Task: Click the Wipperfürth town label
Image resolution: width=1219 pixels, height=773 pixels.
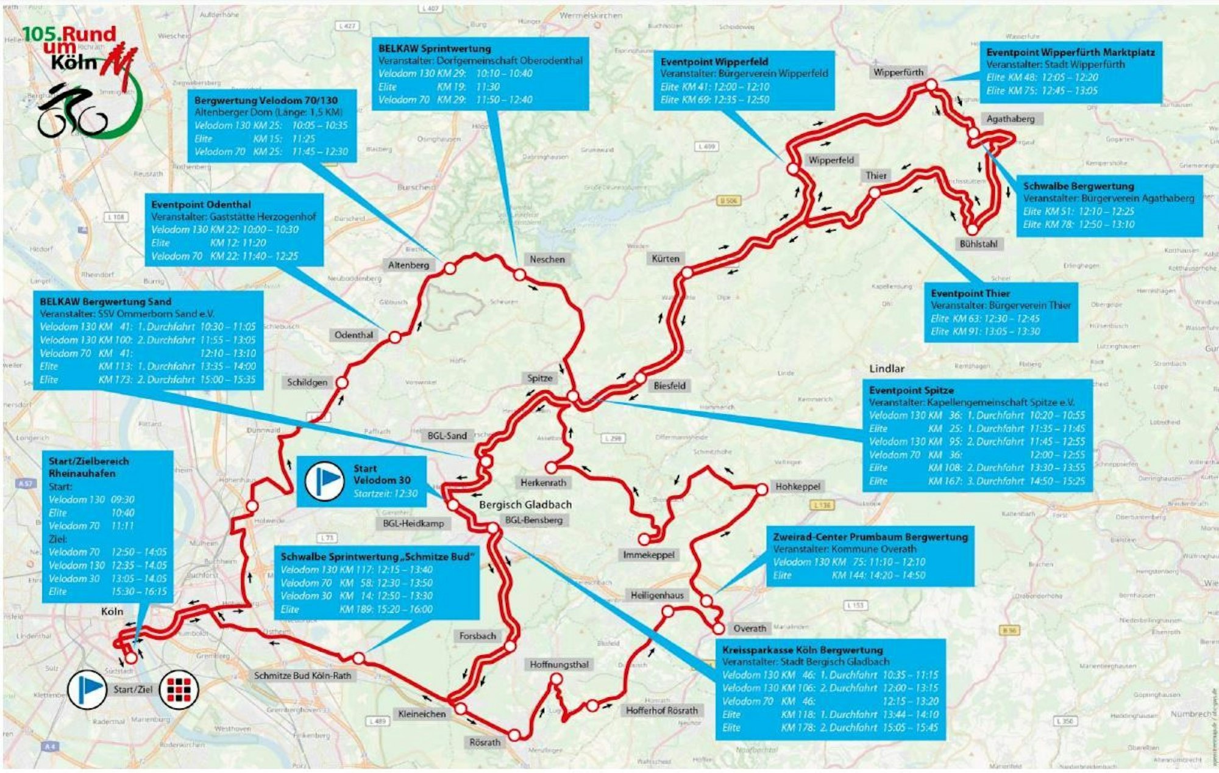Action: (x=898, y=73)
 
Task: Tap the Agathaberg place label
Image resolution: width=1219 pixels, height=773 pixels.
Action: (x=1010, y=119)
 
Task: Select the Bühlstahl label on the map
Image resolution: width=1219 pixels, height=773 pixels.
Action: (x=978, y=244)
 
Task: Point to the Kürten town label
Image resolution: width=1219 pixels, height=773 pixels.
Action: (x=665, y=259)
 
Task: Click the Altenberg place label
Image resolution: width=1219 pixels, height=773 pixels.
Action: (x=408, y=265)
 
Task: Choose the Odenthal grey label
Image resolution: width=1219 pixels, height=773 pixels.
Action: (x=354, y=335)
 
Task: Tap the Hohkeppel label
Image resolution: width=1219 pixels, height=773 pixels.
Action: (x=797, y=487)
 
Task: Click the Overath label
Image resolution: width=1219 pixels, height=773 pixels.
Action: (x=749, y=628)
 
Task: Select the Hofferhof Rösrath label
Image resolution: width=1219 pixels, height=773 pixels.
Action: (x=661, y=711)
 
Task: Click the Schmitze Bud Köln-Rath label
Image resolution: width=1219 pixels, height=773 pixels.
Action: (x=302, y=676)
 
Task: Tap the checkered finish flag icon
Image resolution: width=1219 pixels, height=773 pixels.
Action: (x=179, y=689)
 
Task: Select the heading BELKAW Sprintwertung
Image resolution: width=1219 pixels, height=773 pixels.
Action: (x=434, y=49)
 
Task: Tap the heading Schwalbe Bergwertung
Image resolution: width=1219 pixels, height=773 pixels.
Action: (x=1078, y=186)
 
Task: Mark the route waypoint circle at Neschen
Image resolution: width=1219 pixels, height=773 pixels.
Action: (x=519, y=275)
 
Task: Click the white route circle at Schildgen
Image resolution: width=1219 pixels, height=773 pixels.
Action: (x=342, y=383)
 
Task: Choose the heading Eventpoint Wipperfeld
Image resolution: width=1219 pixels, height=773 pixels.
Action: (x=714, y=62)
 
